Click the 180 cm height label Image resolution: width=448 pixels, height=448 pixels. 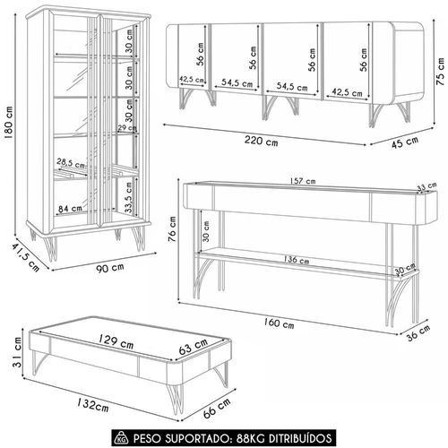[8, 122]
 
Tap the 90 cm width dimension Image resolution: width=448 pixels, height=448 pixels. [110, 267]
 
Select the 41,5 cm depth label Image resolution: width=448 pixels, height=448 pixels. [26, 257]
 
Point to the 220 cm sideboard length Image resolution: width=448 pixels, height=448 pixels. [262, 141]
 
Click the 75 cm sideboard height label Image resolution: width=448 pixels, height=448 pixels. [440, 72]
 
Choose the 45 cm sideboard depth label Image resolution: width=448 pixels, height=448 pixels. [405, 142]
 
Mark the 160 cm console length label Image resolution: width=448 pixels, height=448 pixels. [279, 323]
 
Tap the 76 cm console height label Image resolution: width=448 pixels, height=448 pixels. [173, 228]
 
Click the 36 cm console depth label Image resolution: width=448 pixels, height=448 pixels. [418, 332]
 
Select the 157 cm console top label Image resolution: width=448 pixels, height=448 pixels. [303, 181]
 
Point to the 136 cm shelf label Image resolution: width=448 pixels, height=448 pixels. [297, 260]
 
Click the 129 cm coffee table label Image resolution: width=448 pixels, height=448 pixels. [116, 341]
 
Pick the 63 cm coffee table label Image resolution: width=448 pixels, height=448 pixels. [194, 347]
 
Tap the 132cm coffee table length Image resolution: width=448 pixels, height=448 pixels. [93, 405]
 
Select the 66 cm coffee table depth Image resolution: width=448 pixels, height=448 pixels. [217, 408]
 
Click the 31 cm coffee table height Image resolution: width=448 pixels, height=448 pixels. [17, 352]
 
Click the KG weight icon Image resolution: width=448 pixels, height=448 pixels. [122, 438]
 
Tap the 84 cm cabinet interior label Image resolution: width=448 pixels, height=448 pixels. [70, 208]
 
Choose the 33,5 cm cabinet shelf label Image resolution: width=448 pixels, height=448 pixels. [129, 197]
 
